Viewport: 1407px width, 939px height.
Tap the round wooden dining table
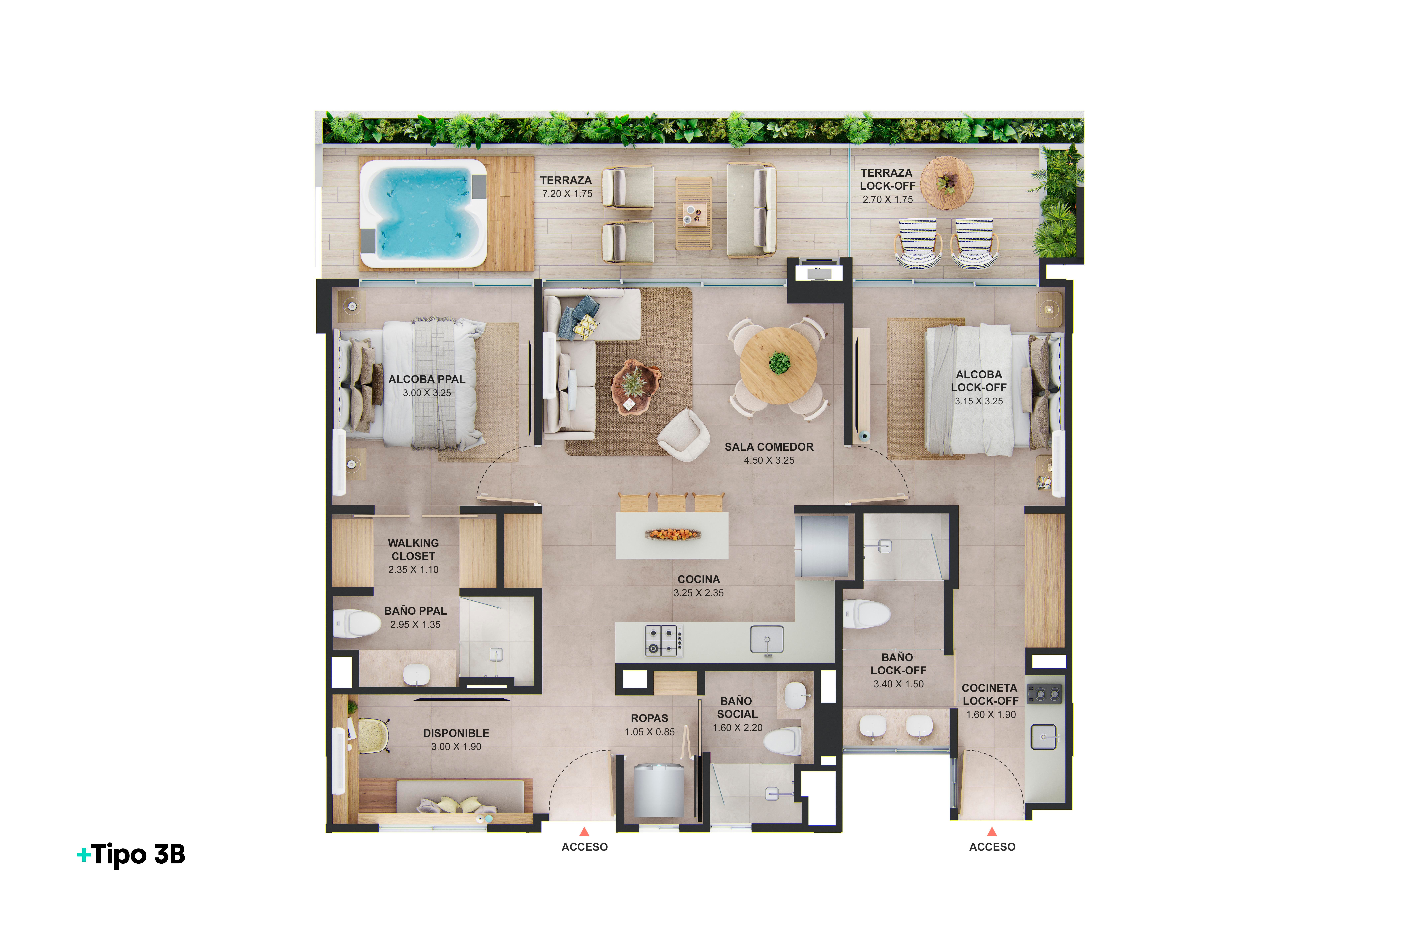coord(778,365)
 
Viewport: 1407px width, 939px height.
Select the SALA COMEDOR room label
coord(769,447)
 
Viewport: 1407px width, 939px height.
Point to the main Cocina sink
coord(767,640)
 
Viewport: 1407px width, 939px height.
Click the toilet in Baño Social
coord(783,741)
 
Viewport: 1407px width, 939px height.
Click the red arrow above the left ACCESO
coord(584,831)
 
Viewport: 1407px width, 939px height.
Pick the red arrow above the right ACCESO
coord(992,831)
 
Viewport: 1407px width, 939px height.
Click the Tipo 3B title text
coord(132,854)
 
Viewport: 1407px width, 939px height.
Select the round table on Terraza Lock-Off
coord(947,183)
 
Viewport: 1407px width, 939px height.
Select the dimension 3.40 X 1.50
coord(898,684)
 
